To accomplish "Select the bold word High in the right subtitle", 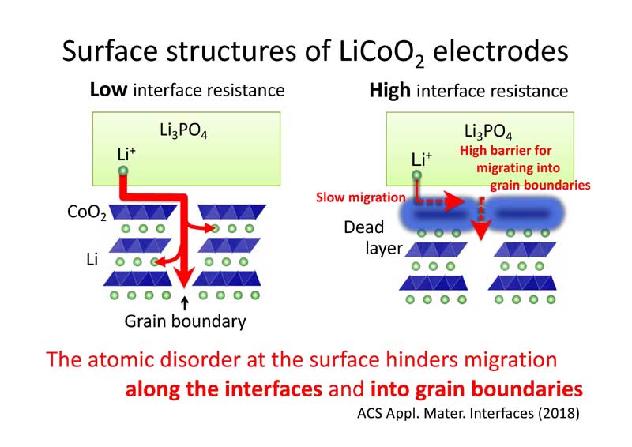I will coord(389,91).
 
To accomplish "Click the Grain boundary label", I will coord(186,321).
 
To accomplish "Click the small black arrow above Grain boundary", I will coord(185,301).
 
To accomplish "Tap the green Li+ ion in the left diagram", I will coord(122,171).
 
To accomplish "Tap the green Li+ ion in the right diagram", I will coord(416,175).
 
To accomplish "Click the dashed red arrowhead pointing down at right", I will coord(480,228).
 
